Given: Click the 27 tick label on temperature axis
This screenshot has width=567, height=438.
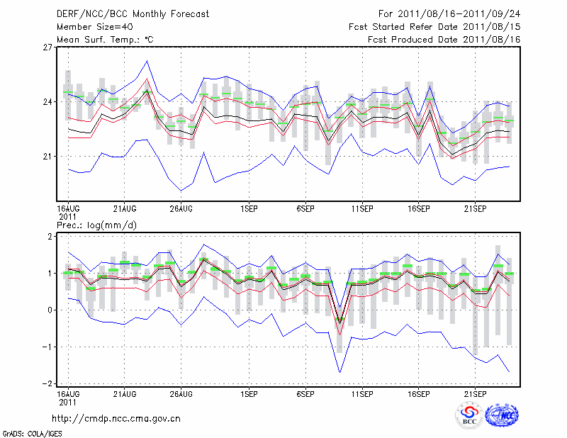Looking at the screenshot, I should click(x=47, y=47).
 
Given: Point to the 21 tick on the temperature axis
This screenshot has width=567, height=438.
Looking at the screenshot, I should click(x=47, y=156).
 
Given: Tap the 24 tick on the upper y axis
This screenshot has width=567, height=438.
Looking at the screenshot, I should click(x=47, y=102).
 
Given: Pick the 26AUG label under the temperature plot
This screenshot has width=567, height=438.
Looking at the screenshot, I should click(x=181, y=209).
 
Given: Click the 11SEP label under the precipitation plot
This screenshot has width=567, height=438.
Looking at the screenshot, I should click(x=362, y=393).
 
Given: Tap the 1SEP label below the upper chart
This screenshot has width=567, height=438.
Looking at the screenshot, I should click(x=249, y=209).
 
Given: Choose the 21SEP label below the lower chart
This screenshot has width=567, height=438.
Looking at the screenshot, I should click(x=475, y=393).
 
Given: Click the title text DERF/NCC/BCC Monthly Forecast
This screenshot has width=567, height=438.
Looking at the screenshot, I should click(x=135, y=13).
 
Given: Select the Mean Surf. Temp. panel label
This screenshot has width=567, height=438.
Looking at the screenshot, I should click(x=105, y=39).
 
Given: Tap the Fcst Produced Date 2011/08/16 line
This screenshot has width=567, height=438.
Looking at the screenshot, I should click(x=444, y=39).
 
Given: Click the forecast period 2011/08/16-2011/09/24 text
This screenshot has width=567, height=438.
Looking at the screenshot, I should click(x=449, y=13).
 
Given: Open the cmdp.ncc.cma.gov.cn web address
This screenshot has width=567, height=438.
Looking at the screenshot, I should click(x=117, y=418).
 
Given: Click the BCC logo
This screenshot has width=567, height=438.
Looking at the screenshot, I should click(x=468, y=416).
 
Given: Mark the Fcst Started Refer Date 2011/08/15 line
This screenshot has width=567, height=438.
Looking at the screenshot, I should click(x=434, y=26).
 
